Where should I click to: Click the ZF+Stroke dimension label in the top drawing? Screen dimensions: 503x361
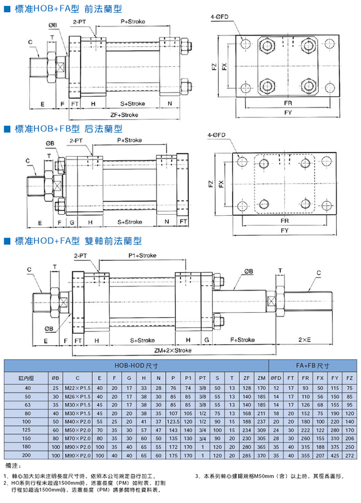tap(124, 115)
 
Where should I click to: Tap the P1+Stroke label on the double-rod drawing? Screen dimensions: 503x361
tap(143, 255)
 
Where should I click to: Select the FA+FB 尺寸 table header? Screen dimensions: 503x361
tap(313, 365)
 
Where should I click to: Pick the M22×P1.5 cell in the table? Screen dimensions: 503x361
tap(78, 388)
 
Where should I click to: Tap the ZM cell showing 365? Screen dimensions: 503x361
tap(260, 447)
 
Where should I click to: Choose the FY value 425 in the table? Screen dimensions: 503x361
tap(334, 455)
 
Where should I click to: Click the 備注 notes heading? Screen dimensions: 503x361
tap(13, 466)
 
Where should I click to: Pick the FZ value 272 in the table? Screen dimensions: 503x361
tap(349, 455)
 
